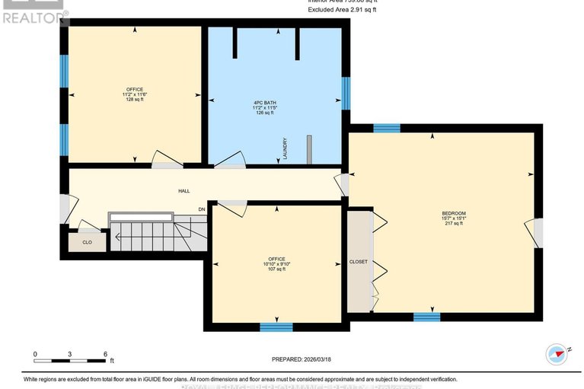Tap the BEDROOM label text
(454, 212)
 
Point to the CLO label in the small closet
(87, 243)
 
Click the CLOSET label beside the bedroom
(358, 262)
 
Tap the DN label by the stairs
(202, 209)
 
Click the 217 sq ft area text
(454, 224)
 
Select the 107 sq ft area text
(276, 269)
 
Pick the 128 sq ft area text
(135, 100)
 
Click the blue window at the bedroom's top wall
(387, 128)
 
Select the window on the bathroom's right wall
(346, 93)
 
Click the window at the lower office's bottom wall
(276, 327)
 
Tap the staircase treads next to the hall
(152, 235)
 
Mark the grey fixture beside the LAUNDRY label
(309, 149)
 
